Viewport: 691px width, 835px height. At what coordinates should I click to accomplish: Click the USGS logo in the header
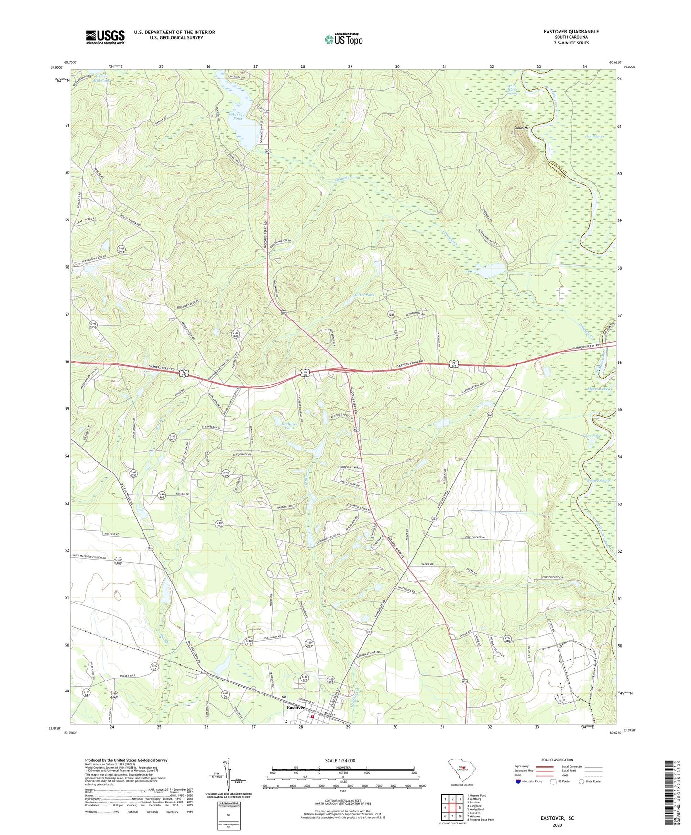tap(105, 37)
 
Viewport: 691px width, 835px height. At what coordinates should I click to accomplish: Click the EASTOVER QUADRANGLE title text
tap(571, 32)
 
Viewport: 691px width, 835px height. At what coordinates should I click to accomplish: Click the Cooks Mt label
tap(522, 128)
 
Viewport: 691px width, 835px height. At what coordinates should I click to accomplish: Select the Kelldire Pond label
tap(283, 426)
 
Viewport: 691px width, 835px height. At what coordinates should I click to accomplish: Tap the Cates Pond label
tap(365, 295)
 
